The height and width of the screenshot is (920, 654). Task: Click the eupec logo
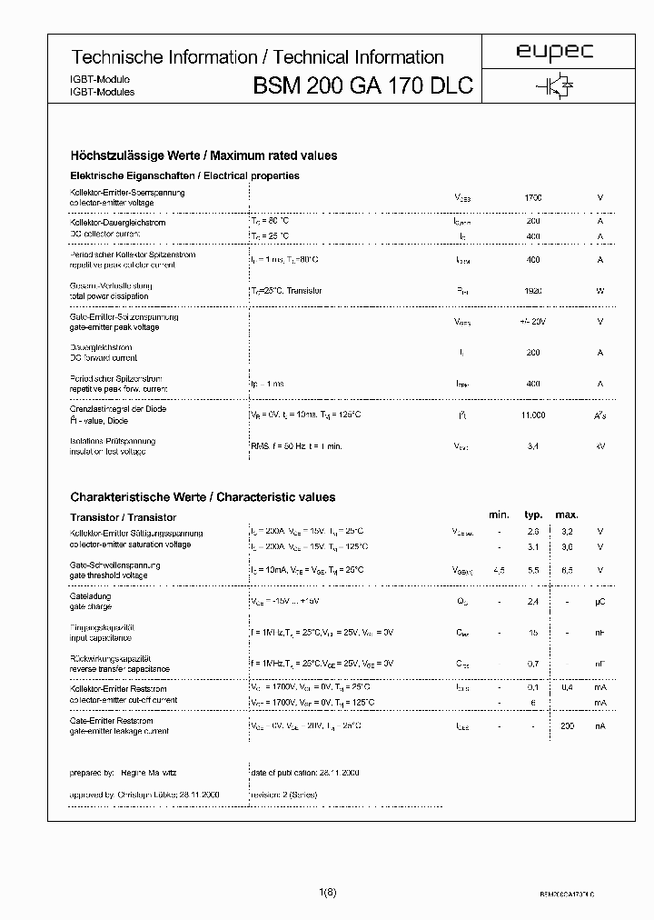click(x=554, y=54)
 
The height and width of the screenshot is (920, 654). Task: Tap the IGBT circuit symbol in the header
click(x=554, y=85)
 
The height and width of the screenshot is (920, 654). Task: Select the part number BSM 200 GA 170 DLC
click(x=363, y=86)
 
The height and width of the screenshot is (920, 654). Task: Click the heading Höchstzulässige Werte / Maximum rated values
click(x=203, y=155)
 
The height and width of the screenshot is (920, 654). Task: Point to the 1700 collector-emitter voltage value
click(x=533, y=197)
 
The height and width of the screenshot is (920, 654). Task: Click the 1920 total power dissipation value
click(x=533, y=291)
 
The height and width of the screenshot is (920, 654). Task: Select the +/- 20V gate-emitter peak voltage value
click(x=533, y=322)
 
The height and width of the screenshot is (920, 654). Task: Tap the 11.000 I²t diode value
click(x=533, y=415)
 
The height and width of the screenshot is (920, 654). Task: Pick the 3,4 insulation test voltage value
click(x=533, y=446)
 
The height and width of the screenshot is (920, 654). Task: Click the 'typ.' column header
click(x=533, y=515)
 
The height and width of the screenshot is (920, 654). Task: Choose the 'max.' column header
click(x=568, y=515)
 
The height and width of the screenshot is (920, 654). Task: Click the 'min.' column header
click(x=499, y=515)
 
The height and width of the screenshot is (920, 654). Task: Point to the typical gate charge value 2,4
click(x=533, y=601)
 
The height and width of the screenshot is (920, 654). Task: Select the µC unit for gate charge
click(x=599, y=601)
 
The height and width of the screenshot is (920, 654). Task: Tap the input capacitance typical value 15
click(x=533, y=632)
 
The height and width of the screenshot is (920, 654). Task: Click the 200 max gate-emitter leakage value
click(x=568, y=725)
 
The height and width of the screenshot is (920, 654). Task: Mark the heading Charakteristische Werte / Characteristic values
click(x=203, y=497)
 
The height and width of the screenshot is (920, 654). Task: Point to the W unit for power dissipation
click(x=599, y=291)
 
